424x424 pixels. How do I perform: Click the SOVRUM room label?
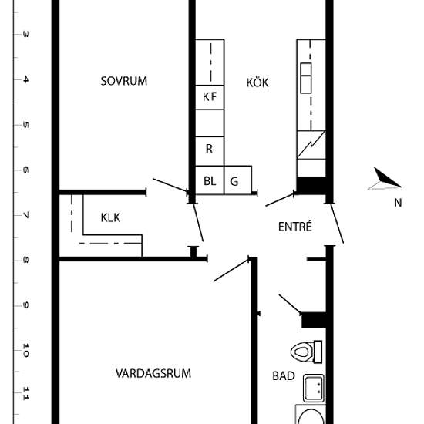click(124, 81)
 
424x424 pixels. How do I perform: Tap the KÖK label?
click(257, 82)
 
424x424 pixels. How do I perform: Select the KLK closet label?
click(110, 217)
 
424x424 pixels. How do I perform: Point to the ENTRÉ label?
click(295, 227)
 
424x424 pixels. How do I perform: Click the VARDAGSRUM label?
click(153, 373)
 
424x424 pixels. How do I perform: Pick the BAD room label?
click(284, 376)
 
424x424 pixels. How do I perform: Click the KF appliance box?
click(210, 97)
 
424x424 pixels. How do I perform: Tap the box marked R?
click(210, 151)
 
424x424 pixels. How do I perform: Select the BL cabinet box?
click(210, 180)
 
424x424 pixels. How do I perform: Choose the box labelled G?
click(238, 180)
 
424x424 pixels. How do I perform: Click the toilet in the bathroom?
click(306, 352)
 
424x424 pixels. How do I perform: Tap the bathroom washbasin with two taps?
click(314, 388)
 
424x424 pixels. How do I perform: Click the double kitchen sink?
click(306, 78)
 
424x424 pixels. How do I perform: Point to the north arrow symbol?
click(384, 179)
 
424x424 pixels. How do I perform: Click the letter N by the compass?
click(398, 203)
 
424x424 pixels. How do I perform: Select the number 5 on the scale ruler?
click(25, 125)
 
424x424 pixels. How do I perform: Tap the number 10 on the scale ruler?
click(25, 351)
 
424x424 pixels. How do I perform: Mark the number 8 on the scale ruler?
click(25, 261)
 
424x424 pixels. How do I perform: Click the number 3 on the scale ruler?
click(25, 35)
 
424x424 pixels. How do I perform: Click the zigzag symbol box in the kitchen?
click(311, 145)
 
